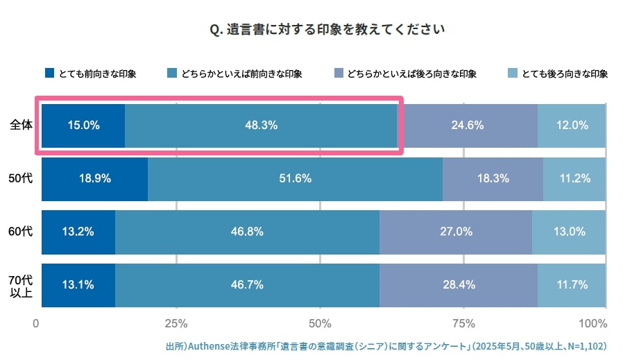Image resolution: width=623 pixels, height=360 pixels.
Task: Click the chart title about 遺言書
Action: pyautogui.click(x=326, y=30)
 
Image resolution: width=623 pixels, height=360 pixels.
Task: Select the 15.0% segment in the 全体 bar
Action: pyautogui.click(x=83, y=126)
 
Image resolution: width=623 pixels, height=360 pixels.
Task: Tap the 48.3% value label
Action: pyautogui.click(x=261, y=126)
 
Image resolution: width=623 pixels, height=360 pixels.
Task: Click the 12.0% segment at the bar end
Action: pyautogui.click(x=572, y=126)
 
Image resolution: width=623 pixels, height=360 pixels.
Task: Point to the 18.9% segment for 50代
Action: pyautogui.click(x=95, y=178)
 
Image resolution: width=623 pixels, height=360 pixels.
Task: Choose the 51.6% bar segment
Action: pyautogui.click(x=295, y=178)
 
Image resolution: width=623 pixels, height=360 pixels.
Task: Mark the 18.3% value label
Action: pyautogui.click(x=492, y=178)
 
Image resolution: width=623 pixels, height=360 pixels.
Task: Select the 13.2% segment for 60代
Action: pyautogui.click(x=78, y=232)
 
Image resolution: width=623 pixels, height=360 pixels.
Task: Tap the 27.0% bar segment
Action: pyautogui.click(x=456, y=232)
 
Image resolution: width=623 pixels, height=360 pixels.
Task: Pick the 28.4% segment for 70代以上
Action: pyautogui.click(x=458, y=284)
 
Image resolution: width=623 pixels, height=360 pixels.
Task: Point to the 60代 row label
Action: pyautogui.click(x=20, y=232)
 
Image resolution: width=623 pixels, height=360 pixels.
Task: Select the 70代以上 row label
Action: pyautogui.click(x=20, y=285)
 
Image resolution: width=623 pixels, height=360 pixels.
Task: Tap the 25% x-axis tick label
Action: pyautogui.click(x=176, y=324)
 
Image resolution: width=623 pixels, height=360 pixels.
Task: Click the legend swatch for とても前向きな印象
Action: pyautogui.click(x=49, y=74)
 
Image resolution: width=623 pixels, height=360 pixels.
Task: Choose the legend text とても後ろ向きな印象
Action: pyautogui.click(x=565, y=74)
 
